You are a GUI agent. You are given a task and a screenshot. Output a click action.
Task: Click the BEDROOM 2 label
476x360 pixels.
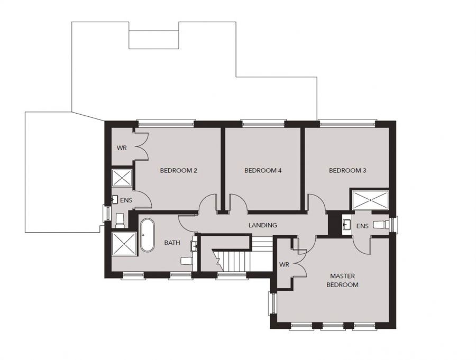[x=179, y=170]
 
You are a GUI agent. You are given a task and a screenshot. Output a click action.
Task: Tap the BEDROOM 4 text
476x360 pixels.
[x=263, y=170]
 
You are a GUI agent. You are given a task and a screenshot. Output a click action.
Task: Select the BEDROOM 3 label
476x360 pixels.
[x=347, y=170]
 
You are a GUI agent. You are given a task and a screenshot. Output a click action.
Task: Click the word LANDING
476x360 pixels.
[x=262, y=225]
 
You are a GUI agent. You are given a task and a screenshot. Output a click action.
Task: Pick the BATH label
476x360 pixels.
[x=172, y=243]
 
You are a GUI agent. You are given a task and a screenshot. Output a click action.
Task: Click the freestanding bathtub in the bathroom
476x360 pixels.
[x=147, y=235]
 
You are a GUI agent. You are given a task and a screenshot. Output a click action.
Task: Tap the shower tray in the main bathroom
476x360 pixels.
[x=124, y=244]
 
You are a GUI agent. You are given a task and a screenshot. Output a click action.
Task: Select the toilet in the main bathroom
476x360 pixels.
[x=186, y=261]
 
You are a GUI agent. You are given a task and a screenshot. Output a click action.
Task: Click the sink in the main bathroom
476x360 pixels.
[x=194, y=246]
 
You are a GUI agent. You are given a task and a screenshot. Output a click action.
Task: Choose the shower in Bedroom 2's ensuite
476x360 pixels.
[x=122, y=178]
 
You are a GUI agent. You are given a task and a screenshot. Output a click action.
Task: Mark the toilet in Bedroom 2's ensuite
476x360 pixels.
[x=120, y=220]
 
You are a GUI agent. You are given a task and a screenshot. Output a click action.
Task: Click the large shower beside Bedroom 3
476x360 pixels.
[x=370, y=200]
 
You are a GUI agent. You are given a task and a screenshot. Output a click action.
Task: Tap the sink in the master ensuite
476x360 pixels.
[x=346, y=225]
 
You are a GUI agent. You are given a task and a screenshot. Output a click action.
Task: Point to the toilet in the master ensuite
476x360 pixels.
[x=381, y=225]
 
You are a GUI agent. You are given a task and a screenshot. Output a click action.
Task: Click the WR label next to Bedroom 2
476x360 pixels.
[x=122, y=148]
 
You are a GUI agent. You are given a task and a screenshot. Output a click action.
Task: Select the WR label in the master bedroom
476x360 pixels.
[x=284, y=265]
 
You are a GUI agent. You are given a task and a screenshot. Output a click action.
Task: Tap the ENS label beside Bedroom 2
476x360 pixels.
[x=126, y=200]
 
